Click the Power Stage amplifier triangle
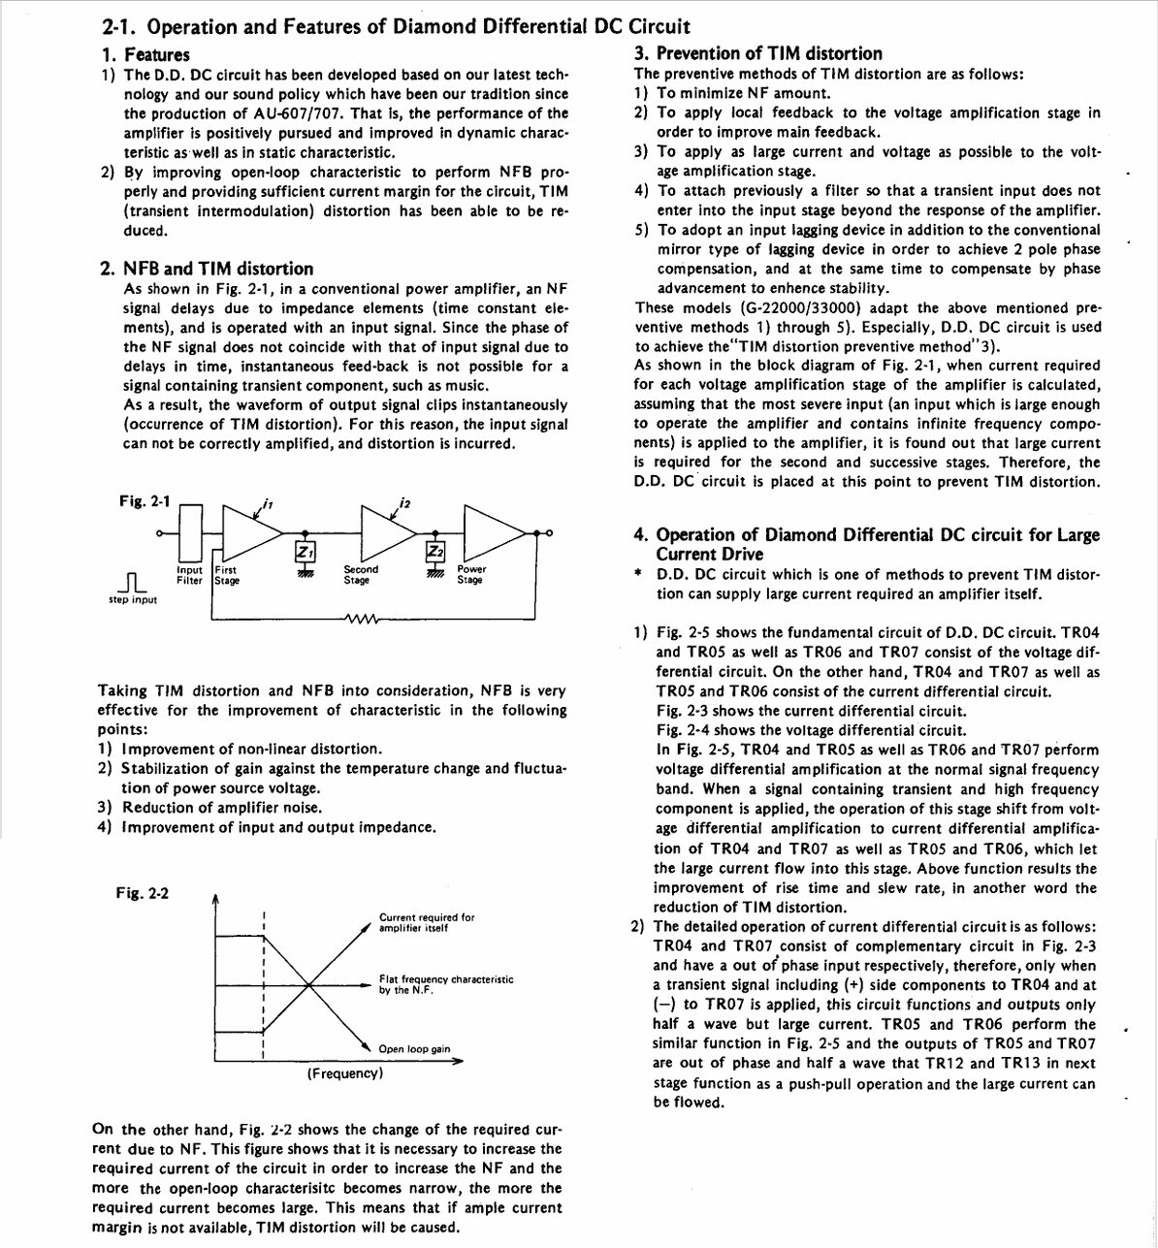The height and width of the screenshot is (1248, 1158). tap(494, 532)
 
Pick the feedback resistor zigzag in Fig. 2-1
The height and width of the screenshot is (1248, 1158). tap(361, 618)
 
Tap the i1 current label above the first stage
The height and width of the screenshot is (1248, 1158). tap(268, 503)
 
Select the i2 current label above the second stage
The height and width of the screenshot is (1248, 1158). tap(404, 503)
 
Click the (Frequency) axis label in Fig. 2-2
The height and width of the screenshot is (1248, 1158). tap(345, 1073)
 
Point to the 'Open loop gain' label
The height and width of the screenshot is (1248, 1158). tap(414, 1048)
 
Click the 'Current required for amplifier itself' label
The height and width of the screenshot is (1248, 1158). tap(427, 922)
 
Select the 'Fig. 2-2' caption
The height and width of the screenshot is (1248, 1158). tap(142, 893)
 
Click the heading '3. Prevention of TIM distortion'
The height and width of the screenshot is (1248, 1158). tap(758, 53)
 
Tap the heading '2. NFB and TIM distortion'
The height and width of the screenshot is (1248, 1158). tap(208, 269)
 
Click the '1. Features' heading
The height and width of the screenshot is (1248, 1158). tap(145, 54)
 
